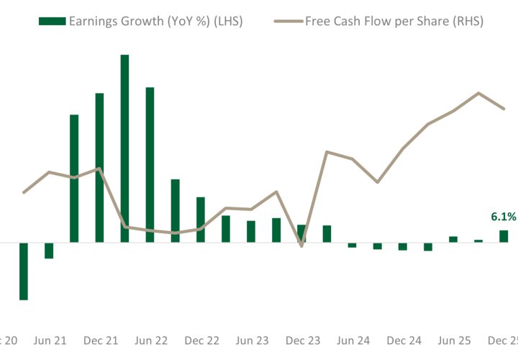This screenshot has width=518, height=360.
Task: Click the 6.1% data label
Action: click(x=503, y=217)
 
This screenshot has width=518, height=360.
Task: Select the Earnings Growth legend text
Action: click(x=155, y=21)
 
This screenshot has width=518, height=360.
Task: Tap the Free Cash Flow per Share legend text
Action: click(x=394, y=21)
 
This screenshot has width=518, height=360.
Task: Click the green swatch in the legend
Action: click(x=51, y=21)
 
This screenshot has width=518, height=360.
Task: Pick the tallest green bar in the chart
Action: click(x=124, y=148)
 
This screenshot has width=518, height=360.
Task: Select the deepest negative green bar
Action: click(x=24, y=271)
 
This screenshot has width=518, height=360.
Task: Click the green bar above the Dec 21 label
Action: click(x=99, y=168)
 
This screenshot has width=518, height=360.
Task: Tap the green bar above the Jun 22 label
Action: click(x=150, y=165)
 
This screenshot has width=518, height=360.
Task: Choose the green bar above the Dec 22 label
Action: click(x=201, y=220)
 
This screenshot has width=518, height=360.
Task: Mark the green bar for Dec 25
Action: click(x=504, y=236)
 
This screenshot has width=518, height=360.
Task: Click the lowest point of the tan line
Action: click(x=301, y=246)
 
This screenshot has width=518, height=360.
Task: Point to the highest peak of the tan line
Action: click(x=478, y=93)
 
